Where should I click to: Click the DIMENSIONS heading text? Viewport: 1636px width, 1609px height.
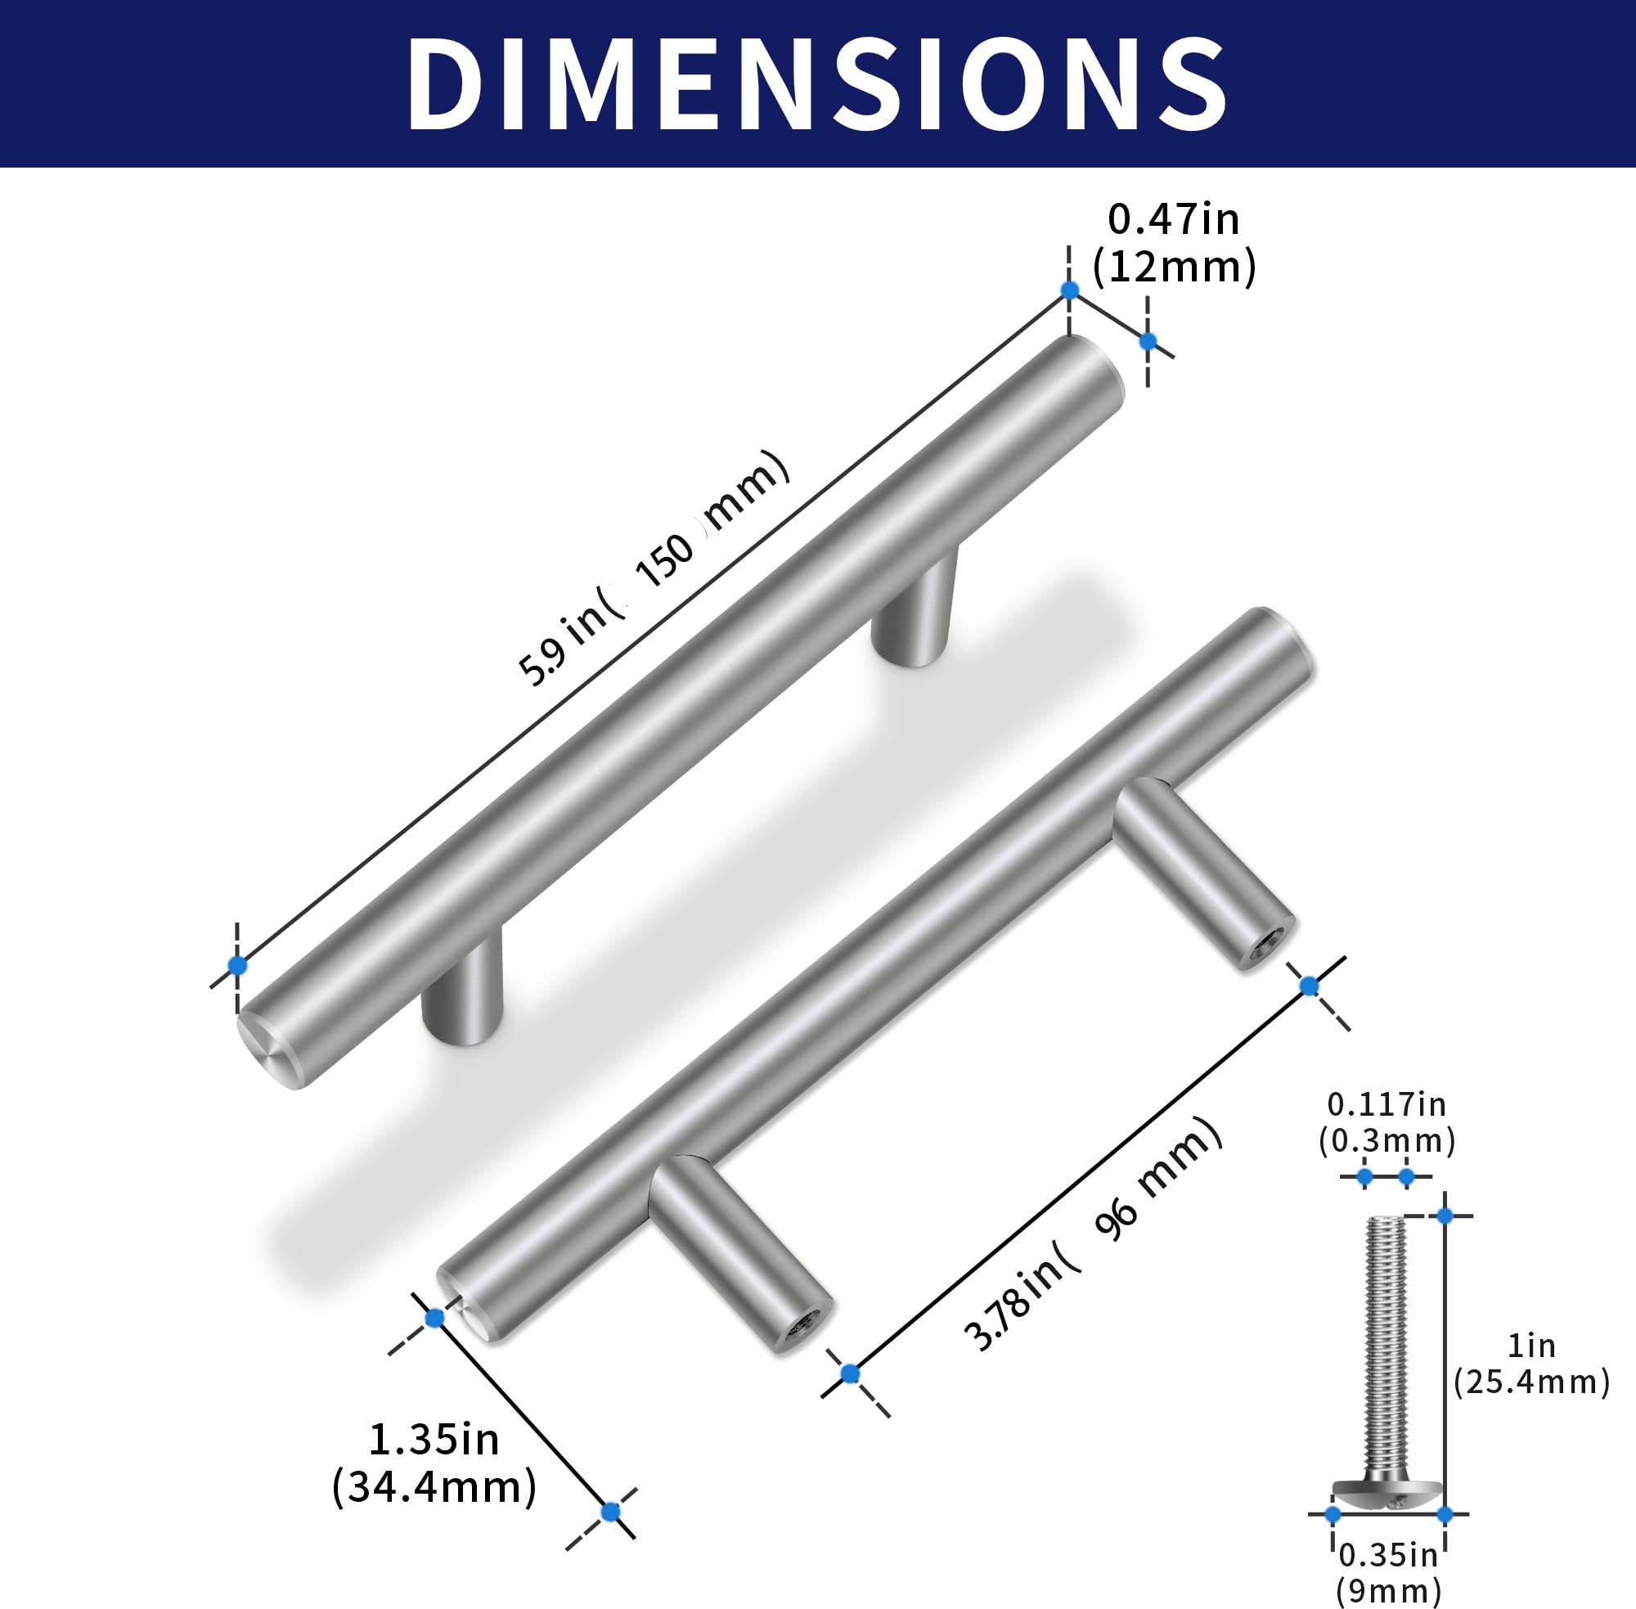coord(816,84)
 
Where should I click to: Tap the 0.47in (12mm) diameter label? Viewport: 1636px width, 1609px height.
coord(1174,245)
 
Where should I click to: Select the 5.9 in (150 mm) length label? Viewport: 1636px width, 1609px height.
coord(654,568)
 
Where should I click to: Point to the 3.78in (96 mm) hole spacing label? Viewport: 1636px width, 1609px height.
coord(1094,1233)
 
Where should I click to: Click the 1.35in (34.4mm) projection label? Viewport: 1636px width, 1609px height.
coord(434,1463)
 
